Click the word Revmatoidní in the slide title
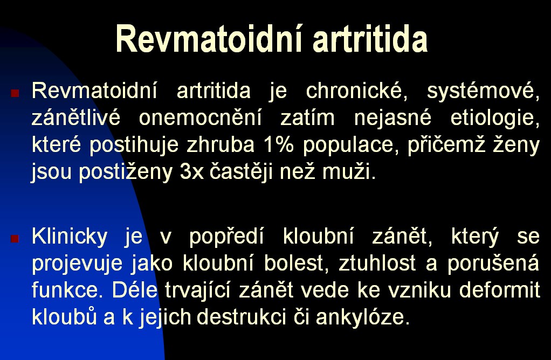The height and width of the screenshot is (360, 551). (209, 39)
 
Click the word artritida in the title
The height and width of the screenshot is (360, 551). (370, 39)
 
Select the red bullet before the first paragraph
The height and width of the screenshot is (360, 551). (15, 93)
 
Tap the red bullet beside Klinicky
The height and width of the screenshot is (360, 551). (15, 239)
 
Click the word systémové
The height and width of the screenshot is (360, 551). (483, 91)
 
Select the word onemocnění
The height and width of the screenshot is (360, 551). (201, 117)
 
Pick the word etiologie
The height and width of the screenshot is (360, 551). (495, 117)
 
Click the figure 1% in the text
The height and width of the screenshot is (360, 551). (278, 144)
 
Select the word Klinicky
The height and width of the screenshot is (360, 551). (70, 237)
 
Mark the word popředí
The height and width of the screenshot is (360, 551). (226, 237)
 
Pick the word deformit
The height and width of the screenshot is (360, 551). (499, 290)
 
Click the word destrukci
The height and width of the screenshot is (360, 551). (241, 317)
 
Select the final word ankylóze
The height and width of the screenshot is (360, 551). (363, 317)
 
